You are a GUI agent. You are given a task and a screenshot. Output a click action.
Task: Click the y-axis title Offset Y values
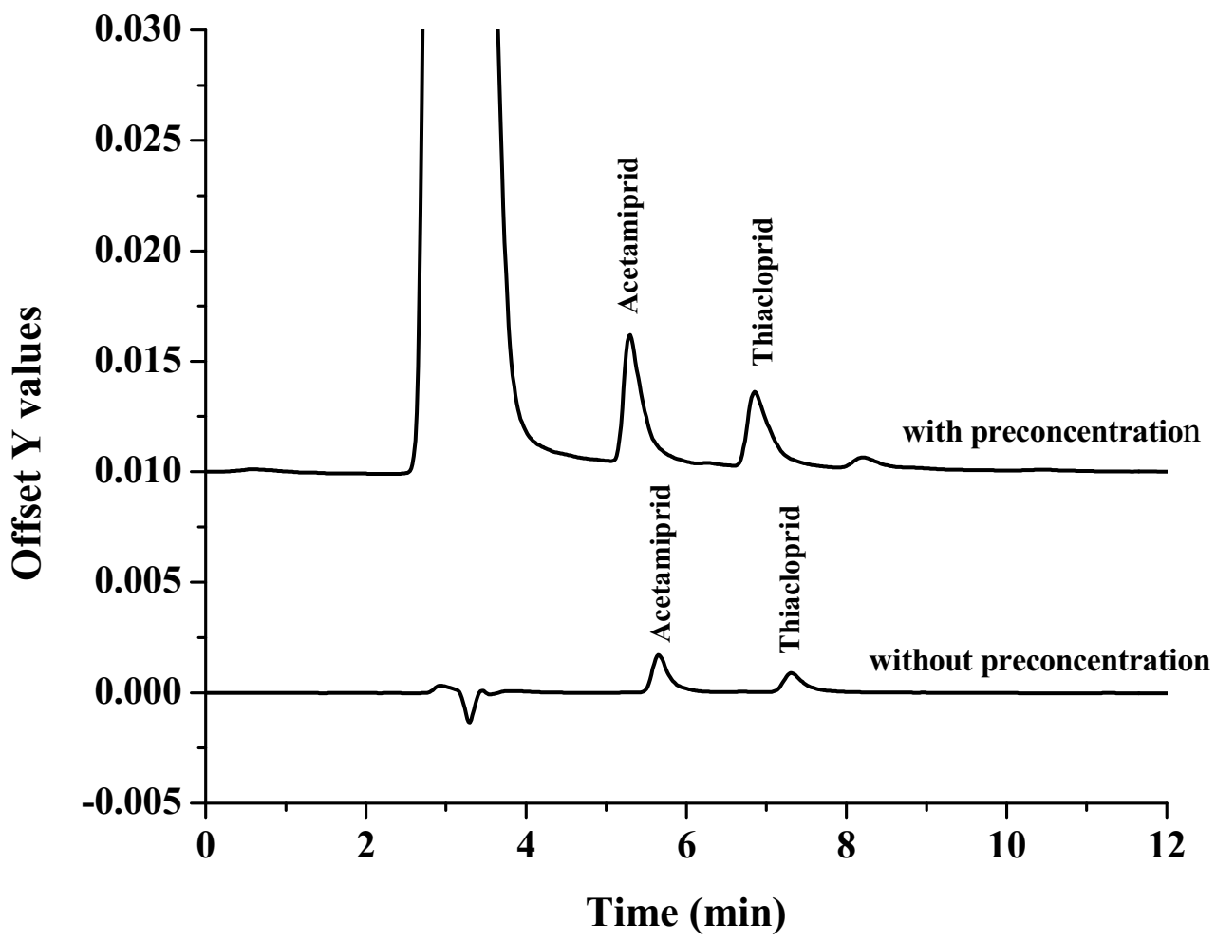click(30, 441)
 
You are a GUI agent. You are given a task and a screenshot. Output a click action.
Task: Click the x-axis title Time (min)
click(686, 913)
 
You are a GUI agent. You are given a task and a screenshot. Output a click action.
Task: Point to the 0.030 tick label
click(139, 30)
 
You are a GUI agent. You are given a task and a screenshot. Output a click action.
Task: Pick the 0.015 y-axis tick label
click(139, 361)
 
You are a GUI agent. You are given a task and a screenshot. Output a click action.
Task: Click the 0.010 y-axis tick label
click(139, 471)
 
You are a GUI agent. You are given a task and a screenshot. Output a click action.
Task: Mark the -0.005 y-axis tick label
click(130, 802)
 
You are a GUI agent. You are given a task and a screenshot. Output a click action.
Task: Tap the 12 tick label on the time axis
click(1167, 844)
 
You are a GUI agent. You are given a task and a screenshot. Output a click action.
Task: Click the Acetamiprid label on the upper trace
click(628, 235)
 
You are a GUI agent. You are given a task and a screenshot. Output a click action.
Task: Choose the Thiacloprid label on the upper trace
click(763, 292)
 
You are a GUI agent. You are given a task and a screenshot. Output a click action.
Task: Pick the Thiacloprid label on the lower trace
click(790, 578)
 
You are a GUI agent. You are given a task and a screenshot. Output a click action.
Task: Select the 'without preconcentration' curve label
click(1039, 659)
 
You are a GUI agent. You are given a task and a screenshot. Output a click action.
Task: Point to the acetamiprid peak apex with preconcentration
click(629, 335)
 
